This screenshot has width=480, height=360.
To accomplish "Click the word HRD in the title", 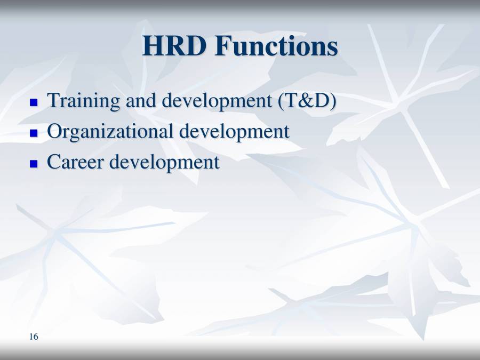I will point(175,46).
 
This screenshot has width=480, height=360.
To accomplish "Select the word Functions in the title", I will point(276,46).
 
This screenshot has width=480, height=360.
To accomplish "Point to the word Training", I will point(84,101).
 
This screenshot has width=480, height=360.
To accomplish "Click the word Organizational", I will point(110,132).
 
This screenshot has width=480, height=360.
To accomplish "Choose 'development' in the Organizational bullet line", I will point(234,132).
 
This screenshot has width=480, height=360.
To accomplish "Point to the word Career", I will point(75,163).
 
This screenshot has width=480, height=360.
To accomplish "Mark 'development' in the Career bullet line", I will point(164,163).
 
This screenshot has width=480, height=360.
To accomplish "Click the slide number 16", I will point(34,337).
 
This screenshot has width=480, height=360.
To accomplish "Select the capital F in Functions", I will point(224,46).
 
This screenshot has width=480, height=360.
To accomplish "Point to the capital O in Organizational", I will point(55,132).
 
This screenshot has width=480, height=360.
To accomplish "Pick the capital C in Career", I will point(54,163).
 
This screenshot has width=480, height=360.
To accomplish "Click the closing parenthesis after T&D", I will point(333,101).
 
